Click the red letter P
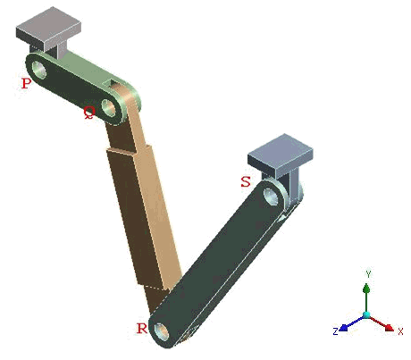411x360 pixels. (27, 83)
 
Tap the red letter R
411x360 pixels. (141, 328)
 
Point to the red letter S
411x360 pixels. (245, 181)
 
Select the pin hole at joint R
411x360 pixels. (162, 331)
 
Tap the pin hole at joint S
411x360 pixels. (270, 194)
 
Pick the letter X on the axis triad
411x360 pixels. (401, 332)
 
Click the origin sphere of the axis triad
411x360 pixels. (366, 316)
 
